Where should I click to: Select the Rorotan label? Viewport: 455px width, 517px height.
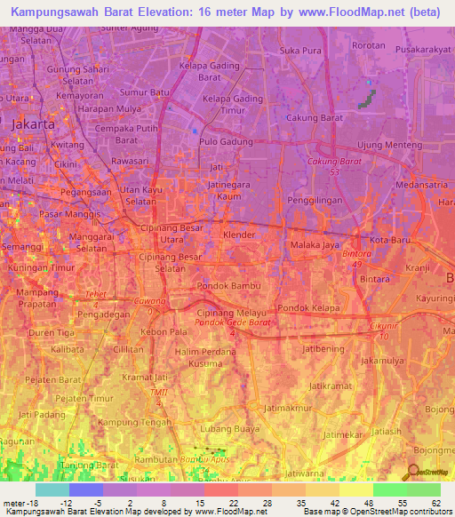[369, 44]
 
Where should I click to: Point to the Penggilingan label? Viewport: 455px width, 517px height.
[315, 203]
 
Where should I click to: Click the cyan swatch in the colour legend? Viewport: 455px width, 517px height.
[52, 489]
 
